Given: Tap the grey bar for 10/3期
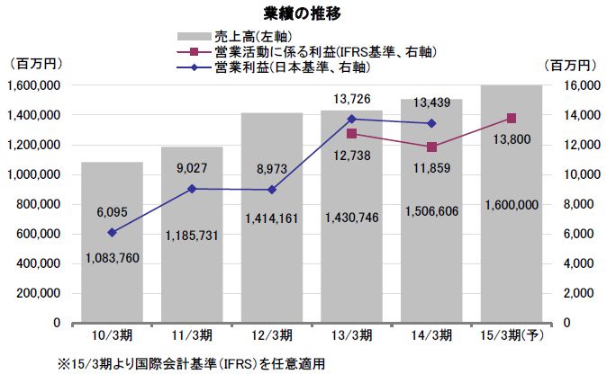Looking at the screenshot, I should [113, 243].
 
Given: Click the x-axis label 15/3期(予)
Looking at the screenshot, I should [511, 335].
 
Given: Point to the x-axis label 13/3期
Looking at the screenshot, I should [351, 335].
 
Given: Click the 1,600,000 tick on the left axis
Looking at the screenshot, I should [32, 85].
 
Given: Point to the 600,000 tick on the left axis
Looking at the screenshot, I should [40, 234].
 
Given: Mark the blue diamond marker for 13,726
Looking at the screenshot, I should [351, 119].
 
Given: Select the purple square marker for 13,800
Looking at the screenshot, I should [512, 118].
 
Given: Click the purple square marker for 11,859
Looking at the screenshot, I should [431, 147].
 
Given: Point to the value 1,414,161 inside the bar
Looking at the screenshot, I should [272, 244].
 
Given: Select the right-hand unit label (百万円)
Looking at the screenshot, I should [572, 65].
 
